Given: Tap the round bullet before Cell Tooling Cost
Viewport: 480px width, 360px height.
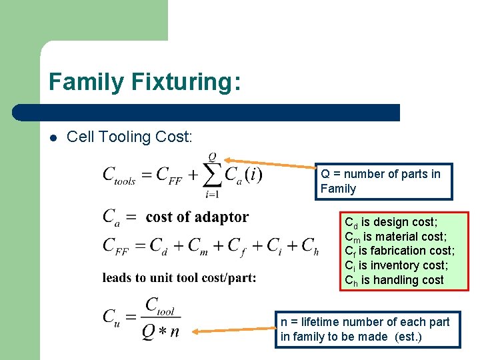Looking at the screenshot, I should [x=53, y=137].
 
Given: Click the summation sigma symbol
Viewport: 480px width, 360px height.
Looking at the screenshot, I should [x=213, y=175].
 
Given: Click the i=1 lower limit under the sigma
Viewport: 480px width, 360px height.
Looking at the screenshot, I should [x=213, y=195].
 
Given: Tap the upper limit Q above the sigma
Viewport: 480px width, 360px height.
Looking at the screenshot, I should [x=213, y=157].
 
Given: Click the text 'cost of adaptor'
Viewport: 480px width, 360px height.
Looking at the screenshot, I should [x=197, y=217].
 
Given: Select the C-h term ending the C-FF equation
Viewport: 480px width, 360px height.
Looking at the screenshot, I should [x=310, y=246].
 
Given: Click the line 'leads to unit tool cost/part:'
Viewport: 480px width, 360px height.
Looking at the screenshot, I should [x=179, y=277].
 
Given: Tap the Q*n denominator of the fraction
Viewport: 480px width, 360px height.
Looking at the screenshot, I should [x=160, y=331].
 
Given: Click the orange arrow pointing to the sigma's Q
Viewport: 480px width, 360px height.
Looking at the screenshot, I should [x=270, y=165].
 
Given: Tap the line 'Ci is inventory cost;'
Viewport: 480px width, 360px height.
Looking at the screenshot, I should [x=395, y=265].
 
